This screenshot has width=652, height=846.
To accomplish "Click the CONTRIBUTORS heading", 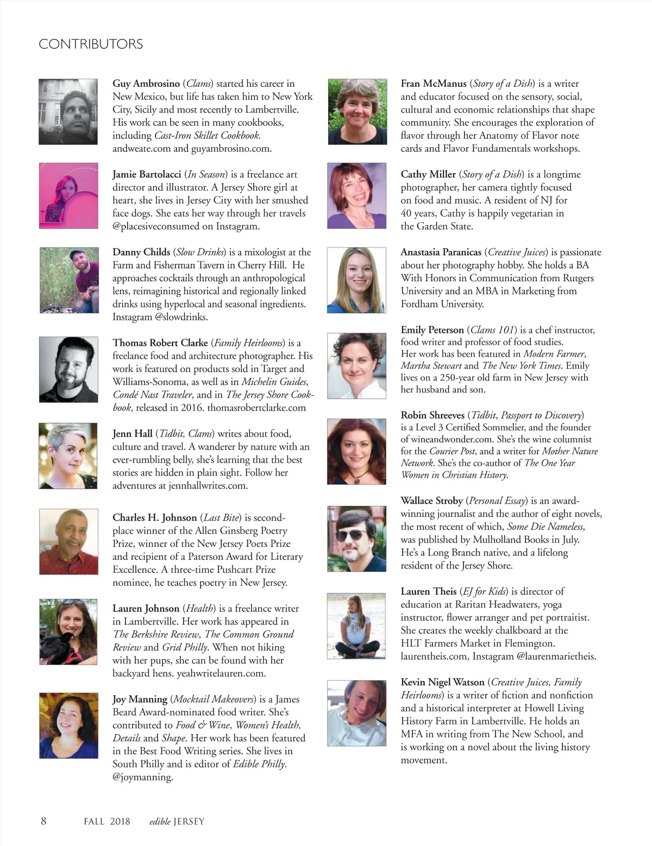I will point(91,44).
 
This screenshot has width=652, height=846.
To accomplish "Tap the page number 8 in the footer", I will point(43,820).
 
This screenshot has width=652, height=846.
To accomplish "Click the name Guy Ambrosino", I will point(146,84).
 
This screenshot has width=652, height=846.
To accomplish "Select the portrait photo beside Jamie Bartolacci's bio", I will point(68,195).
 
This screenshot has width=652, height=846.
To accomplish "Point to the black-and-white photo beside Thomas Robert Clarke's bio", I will point(68,369).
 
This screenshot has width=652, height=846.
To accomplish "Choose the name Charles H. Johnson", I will point(154,517).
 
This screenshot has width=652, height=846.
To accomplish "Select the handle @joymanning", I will point(142,777).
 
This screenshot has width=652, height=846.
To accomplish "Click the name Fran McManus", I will point(433,84).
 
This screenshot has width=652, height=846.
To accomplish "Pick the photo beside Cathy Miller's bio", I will point(356,195).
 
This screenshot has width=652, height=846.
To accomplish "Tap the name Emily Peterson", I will point(432,330).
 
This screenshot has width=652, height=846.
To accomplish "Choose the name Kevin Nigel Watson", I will point(442,682).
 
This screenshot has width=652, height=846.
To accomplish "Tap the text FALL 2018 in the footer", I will point(107,821).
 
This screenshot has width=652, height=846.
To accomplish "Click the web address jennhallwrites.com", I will point(208,486).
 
